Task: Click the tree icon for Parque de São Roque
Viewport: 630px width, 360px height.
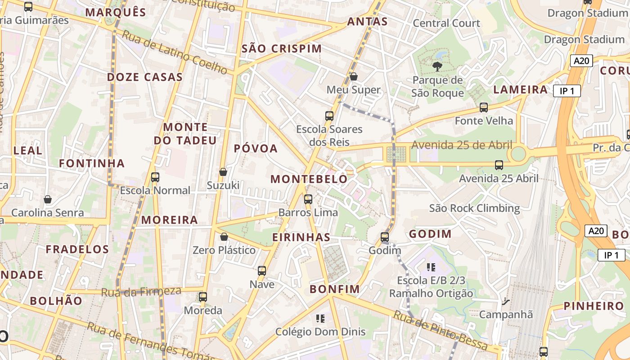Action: (x=436, y=67)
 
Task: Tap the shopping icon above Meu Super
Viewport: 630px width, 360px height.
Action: (x=354, y=76)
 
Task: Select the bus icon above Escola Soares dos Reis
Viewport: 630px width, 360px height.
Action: (x=329, y=116)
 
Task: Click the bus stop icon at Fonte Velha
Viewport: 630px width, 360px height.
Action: (x=484, y=108)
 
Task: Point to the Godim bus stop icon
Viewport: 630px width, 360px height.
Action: (x=385, y=237)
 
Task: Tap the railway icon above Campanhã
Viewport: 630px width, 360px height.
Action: (x=506, y=301)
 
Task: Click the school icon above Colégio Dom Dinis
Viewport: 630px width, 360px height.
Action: (x=320, y=319)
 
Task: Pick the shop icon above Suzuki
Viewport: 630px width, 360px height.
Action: (x=223, y=172)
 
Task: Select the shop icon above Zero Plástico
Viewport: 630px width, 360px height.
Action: (x=224, y=237)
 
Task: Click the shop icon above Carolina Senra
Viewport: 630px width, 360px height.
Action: (x=48, y=199)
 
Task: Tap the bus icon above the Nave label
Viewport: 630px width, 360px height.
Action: (x=262, y=271)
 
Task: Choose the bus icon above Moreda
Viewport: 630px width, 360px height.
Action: (x=203, y=297)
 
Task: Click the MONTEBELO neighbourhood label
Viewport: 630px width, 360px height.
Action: (x=309, y=179)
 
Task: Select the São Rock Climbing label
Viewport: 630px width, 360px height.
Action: (x=474, y=208)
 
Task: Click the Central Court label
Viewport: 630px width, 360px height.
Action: (x=446, y=23)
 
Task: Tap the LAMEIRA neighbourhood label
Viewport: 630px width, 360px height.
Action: (x=520, y=90)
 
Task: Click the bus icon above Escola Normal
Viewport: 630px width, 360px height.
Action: (x=155, y=177)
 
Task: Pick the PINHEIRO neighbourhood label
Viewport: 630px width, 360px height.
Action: (x=594, y=306)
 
